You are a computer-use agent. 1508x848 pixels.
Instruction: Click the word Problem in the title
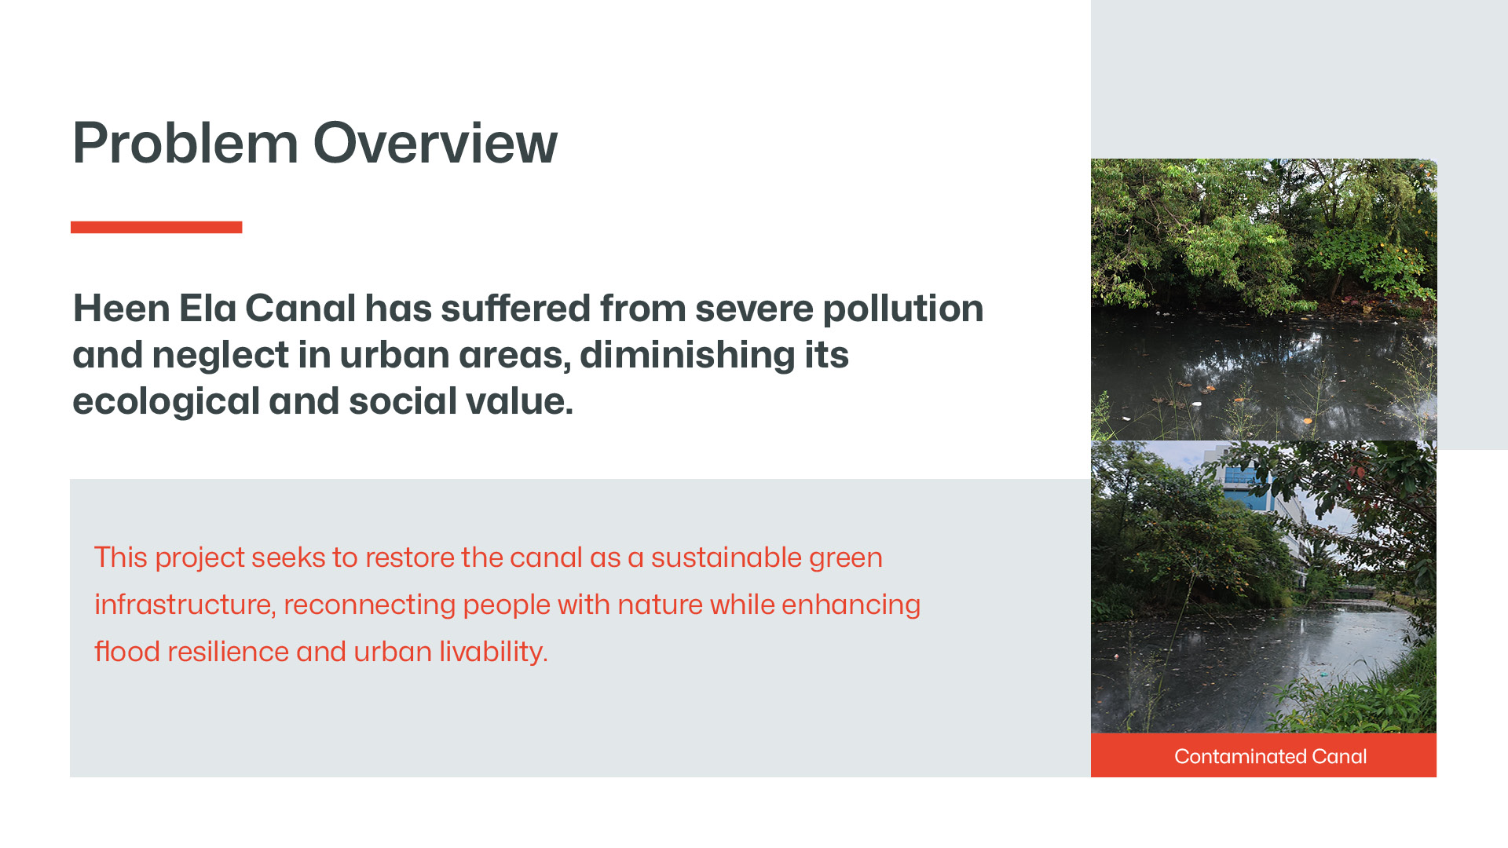click(x=185, y=144)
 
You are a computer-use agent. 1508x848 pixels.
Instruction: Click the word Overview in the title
click(x=435, y=143)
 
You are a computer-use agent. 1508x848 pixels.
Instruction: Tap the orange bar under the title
click(x=156, y=227)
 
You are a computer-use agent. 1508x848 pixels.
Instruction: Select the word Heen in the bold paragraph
click(x=121, y=308)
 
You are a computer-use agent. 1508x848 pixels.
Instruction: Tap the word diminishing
click(x=687, y=356)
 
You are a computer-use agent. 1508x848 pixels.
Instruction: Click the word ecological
click(x=166, y=402)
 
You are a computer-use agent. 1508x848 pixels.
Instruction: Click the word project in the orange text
click(x=199, y=558)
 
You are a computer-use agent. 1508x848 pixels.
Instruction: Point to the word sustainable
click(x=726, y=557)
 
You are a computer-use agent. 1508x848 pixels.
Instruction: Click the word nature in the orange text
click(x=659, y=605)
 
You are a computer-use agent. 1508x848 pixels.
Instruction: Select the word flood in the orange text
click(x=126, y=652)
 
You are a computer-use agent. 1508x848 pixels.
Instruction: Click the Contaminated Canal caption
click(x=1270, y=756)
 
